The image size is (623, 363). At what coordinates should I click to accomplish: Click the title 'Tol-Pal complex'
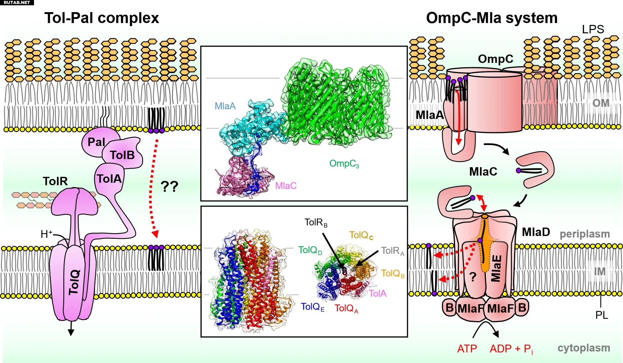(102, 18)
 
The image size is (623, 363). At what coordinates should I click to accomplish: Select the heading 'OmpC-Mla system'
(491, 18)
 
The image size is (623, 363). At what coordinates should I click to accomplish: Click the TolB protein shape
(123, 155)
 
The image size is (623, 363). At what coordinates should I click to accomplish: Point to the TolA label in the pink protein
(109, 179)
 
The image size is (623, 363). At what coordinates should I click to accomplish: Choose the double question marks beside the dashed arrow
(169, 186)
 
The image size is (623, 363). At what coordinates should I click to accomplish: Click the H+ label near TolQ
(46, 234)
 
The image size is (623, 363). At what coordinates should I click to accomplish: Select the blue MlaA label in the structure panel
(225, 106)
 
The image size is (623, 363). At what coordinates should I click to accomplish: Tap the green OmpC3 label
(344, 163)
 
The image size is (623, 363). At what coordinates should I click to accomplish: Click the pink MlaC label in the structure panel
(285, 186)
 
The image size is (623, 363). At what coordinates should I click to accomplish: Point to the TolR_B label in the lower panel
(316, 223)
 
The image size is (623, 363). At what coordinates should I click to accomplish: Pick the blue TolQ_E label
(313, 307)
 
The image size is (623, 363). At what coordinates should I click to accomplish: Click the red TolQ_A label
(346, 308)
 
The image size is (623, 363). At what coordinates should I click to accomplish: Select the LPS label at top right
(593, 29)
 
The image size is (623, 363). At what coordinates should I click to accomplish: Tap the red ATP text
(467, 349)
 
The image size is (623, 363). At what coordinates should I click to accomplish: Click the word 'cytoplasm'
(583, 348)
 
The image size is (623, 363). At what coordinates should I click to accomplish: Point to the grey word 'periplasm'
(585, 234)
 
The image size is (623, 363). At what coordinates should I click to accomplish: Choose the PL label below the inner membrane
(601, 315)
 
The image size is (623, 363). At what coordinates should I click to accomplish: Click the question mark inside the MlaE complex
(473, 276)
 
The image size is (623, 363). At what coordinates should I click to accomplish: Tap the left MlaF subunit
(471, 309)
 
